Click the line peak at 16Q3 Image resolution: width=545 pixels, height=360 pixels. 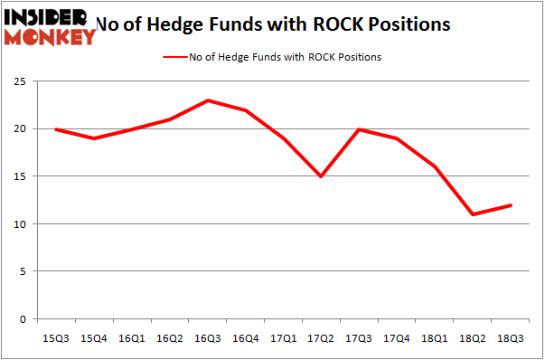[x=208, y=100]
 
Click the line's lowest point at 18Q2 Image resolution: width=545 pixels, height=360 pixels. [x=475, y=214]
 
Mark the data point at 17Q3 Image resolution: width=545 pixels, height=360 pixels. [x=361, y=129]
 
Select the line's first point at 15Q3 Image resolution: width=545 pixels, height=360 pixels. [x=55, y=129]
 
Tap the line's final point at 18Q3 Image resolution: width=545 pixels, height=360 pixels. [x=512, y=205]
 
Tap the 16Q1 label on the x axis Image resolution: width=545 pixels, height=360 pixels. [x=131, y=337]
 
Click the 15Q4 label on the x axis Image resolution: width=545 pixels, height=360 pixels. [x=93, y=337]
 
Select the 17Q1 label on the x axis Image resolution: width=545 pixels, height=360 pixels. [x=284, y=337]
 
